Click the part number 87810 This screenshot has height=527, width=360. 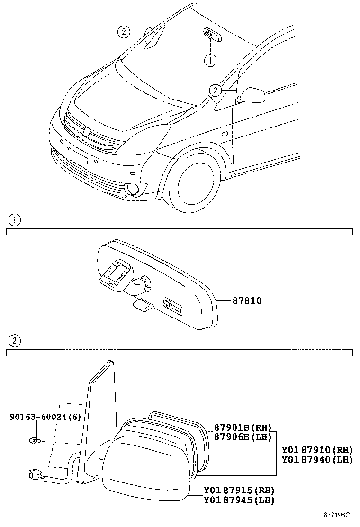pyautogui.click(x=247, y=301)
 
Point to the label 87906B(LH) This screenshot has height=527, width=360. pyautogui.click(x=241, y=436)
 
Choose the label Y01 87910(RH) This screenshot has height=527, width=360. pyautogui.click(x=317, y=450)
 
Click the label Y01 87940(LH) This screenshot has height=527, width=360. pyautogui.click(x=317, y=459)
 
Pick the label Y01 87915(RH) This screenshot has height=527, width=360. pyautogui.click(x=239, y=491)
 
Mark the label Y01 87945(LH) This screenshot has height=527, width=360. pyautogui.click(x=239, y=500)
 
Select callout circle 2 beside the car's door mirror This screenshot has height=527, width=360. pyautogui.click(x=215, y=90)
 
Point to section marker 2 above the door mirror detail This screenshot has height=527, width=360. pyautogui.click(x=14, y=340)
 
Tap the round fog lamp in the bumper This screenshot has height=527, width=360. pyautogui.click(x=132, y=191)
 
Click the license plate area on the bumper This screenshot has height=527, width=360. pyautogui.click(x=78, y=158)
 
